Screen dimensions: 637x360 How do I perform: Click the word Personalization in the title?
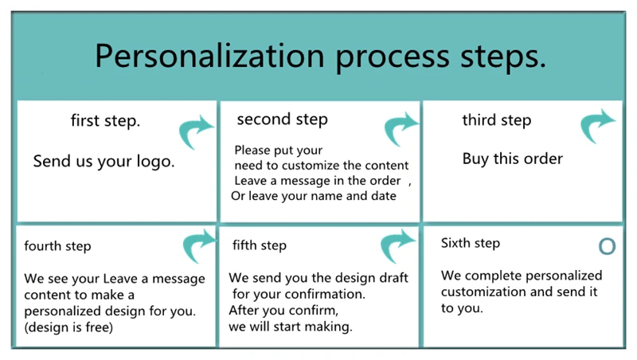(209, 56)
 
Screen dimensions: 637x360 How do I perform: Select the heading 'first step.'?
(105, 121)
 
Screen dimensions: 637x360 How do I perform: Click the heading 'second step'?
(283, 119)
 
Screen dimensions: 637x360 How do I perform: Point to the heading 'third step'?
(496, 120)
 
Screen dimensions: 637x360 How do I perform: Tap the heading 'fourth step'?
(57, 246)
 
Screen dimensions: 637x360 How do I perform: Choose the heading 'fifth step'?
(260, 245)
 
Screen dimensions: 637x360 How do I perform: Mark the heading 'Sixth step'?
(471, 243)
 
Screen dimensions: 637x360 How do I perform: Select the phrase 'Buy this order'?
(512, 158)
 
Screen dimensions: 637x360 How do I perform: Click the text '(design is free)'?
(68, 327)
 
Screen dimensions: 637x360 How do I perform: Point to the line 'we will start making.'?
(290, 327)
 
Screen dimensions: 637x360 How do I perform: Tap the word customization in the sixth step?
(483, 292)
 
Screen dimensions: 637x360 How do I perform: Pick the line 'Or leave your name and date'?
(313, 196)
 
